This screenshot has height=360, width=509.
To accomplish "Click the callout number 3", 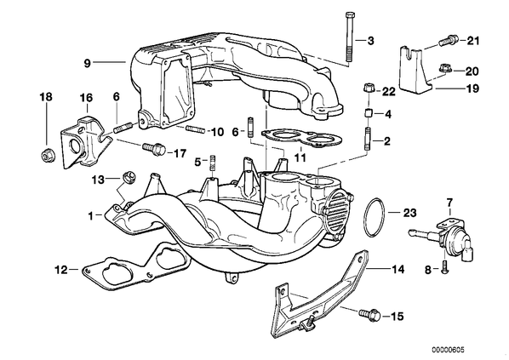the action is click(x=370, y=41).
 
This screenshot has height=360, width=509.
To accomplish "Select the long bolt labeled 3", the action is click(x=350, y=37).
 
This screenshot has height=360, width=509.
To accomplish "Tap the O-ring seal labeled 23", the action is click(x=374, y=218).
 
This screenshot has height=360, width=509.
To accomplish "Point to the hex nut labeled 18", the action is click(x=48, y=156).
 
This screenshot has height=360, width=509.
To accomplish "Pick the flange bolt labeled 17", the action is click(x=154, y=149).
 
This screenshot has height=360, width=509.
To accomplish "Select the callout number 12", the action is click(x=61, y=270).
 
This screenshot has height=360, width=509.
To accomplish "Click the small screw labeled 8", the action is click(x=444, y=268).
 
